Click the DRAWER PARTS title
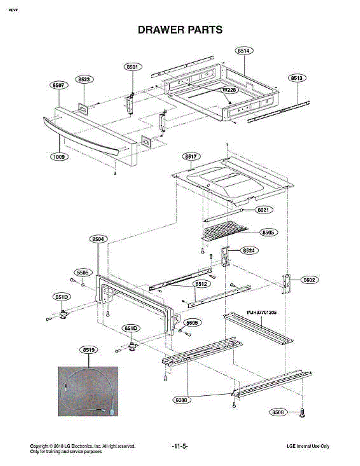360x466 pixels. pos(180,30)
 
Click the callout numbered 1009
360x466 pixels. pos(59,157)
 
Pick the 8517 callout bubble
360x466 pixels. pos(191,156)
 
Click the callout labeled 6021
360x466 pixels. pos(264,210)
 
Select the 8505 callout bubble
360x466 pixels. pos(268,233)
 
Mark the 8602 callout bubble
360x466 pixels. pos(310,280)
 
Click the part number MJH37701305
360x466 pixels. pos(261,312)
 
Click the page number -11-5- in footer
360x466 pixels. pos(180,447)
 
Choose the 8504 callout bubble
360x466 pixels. pos(98,240)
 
